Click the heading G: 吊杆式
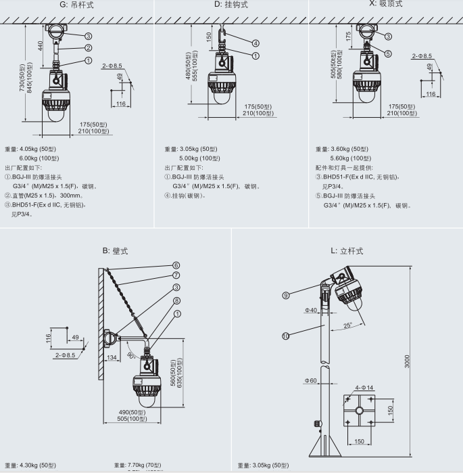[x=75, y=4]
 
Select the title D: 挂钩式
[x=231, y=4]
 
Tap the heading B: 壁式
[x=115, y=251]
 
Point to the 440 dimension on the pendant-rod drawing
[x=41, y=47]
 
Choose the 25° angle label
[x=347, y=325]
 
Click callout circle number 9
[x=286, y=294]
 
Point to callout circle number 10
[x=286, y=335]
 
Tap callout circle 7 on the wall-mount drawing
[x=176, y=275]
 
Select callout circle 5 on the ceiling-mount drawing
[x=389, y=53]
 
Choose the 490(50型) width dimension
[x=133, y=412]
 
